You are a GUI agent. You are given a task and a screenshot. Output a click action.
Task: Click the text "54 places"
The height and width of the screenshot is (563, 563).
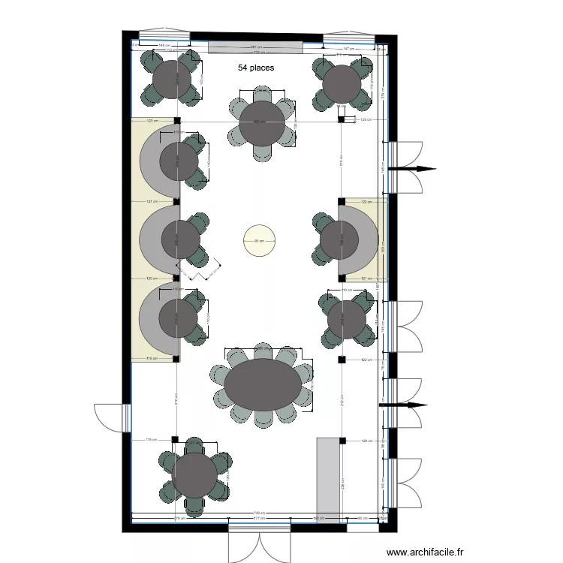coord(256,68)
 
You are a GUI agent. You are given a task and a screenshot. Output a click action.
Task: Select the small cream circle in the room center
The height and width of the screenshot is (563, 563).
coord(259,241)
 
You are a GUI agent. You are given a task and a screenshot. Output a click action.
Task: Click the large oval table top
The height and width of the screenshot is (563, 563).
coord(262,384)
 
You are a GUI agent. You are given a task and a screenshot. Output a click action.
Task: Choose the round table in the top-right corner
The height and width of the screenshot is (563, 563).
coord(342,84)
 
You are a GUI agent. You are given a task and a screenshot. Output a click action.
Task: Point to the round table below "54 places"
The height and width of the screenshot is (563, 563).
coord(262,122)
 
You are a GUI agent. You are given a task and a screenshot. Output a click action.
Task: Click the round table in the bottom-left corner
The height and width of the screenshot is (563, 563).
coord(194,475)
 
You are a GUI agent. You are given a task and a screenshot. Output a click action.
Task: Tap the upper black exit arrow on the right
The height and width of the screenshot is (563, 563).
coord(417,169)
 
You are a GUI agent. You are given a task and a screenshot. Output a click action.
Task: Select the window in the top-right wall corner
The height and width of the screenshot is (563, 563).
coord(348,38)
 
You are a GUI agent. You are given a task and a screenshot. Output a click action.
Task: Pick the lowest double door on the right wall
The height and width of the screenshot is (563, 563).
coord(406,480)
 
